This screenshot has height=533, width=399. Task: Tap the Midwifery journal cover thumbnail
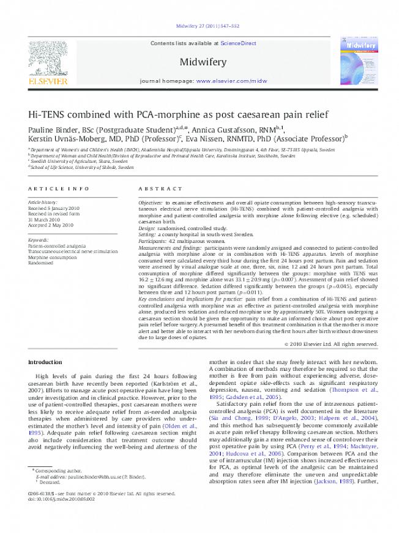point(356,61)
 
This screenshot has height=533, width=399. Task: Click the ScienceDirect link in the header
point(238,43)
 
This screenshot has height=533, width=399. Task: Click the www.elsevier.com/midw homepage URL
point(231,81)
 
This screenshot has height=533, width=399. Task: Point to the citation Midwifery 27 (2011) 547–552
point(199,26)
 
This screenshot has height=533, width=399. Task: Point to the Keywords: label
point(39,240)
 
